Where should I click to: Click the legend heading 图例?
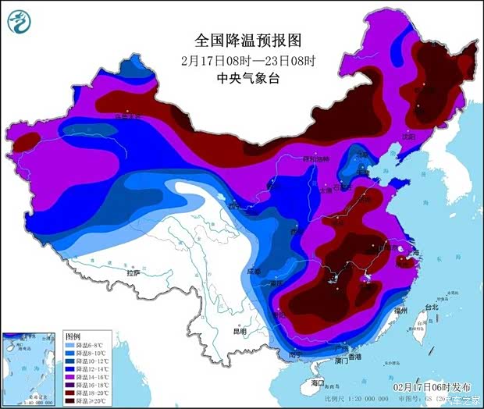72,334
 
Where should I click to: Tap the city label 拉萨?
133,272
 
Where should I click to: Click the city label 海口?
317,382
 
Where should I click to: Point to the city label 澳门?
341,361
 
